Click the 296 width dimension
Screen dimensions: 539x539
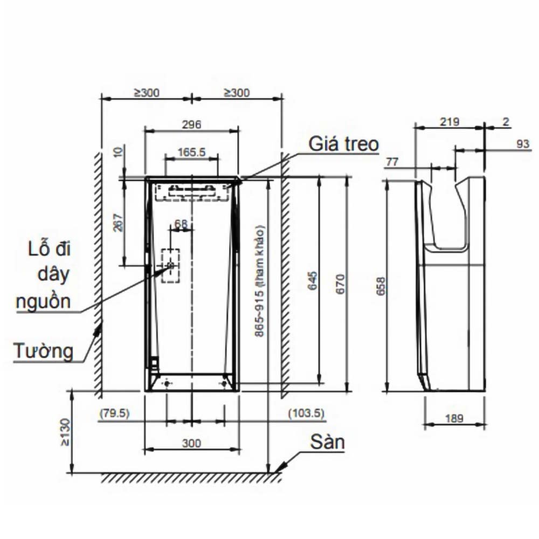(x=191, y=125)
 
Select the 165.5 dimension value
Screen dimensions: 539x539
(x=192, y=152)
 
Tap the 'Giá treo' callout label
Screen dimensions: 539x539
(x=343, y=144)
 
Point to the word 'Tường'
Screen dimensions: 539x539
(x=44, y=351)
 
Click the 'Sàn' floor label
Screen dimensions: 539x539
(x=327, y=442)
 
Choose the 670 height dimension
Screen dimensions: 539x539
(x=340, y=284)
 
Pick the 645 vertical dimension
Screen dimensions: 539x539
(x=313, y=281)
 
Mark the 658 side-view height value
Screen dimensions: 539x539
(x=381, y=286)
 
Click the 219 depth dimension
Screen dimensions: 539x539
(x=450, y=122)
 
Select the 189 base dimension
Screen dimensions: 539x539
(x=454, y=418)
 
